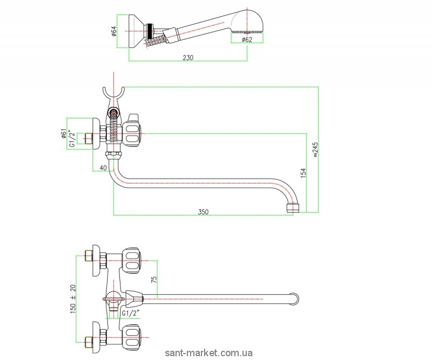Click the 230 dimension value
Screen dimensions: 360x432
[187, 57]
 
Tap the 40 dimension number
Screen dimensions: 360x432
[104, 168]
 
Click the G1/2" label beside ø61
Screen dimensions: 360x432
[72, 139]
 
